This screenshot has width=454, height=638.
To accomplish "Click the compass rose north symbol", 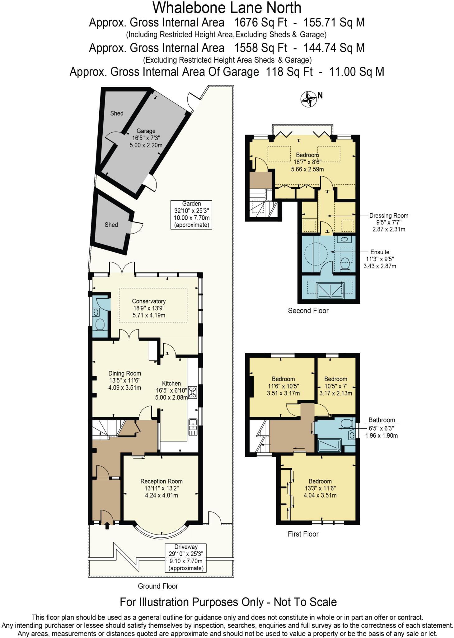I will coord(308,99).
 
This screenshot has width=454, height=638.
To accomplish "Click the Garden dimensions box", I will coord(191,215).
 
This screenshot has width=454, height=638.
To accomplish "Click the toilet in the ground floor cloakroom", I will coord(100,325).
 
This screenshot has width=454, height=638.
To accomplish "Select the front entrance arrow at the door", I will coord(107,526).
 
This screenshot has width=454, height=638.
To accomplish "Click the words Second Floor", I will coord(308,311).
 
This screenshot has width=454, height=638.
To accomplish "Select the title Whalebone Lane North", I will coord(227,8).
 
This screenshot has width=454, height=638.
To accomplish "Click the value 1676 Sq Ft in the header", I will coord(260,23).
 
